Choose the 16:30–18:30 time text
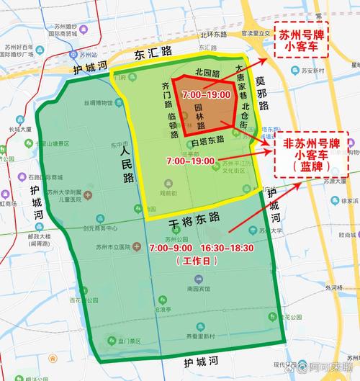(232, 248)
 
